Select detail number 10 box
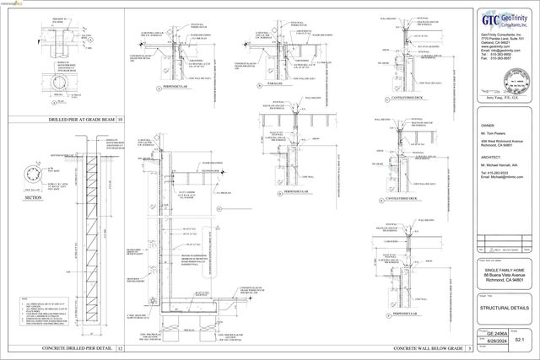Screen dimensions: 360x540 coord(120,121)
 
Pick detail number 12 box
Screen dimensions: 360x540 coord(120,348)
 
